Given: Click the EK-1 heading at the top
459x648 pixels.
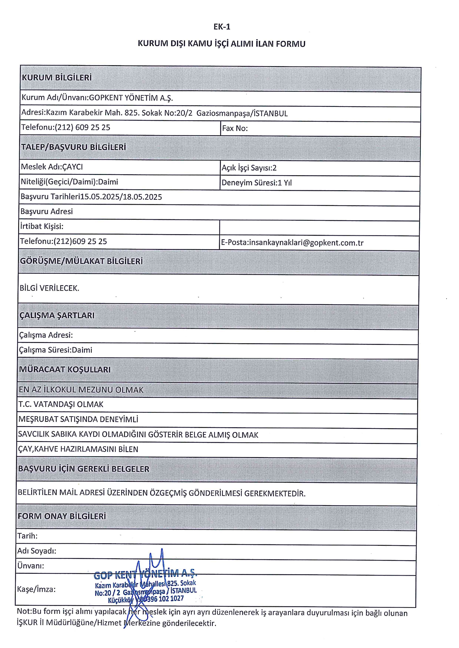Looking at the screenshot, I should click(222, 27).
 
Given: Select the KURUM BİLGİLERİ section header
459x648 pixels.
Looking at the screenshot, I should click(57, 78).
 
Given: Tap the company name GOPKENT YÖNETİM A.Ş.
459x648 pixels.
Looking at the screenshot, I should click(131, 98).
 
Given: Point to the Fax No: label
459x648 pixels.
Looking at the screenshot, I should click(235, 128).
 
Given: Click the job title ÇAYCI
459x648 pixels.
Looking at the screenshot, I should click(72, 167).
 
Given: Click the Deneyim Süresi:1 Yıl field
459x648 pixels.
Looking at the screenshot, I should click(256, 183).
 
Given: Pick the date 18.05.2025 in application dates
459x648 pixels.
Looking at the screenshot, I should click(142, 197).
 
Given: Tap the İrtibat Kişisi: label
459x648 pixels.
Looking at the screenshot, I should click(42, 226).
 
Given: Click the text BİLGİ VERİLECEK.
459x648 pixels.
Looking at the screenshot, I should click(49, 288).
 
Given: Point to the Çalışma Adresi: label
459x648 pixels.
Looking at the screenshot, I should click(46, 335).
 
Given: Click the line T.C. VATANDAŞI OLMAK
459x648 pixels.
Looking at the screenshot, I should click(61, 405).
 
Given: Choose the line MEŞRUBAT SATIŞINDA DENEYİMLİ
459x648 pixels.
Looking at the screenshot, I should click(78, 419).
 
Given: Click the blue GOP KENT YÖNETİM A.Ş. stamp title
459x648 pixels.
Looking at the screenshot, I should click(145, 574).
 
